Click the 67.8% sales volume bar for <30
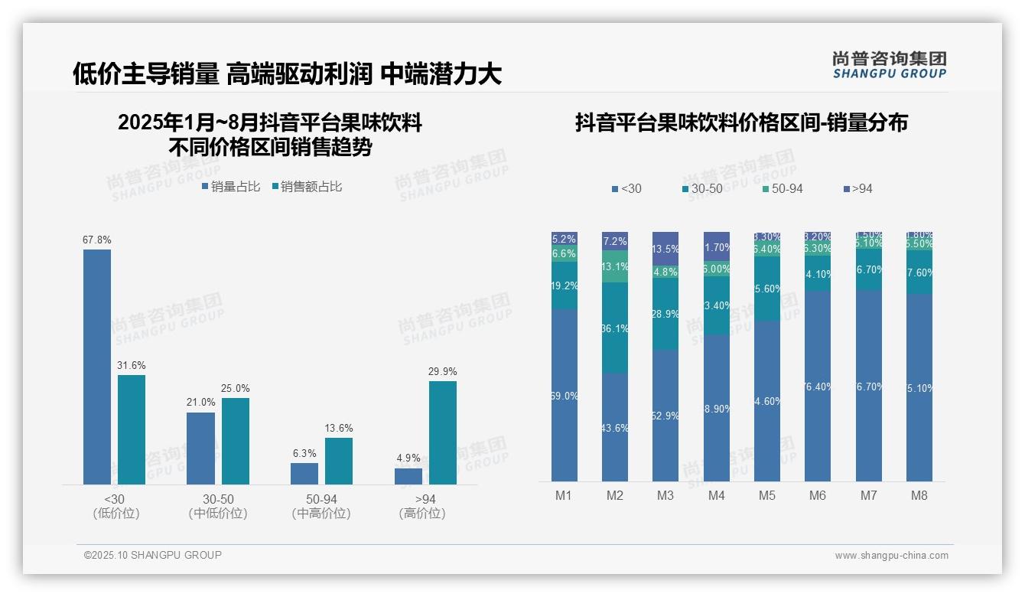(97, 367)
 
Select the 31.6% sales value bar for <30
(132, 429)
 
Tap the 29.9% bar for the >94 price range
(443, 432)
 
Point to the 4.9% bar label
(408, 458)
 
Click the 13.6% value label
(339, 429)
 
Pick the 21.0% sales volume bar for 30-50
(200, 449)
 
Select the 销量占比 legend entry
(231, 187)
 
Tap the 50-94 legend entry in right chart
(783, 189)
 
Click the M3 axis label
(665, 496)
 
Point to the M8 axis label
(919, 496)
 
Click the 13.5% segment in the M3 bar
(665, 248)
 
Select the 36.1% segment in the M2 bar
(615, 328)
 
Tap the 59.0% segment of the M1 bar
(564, 395)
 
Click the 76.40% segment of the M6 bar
(818, 386)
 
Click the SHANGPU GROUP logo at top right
(890, 65)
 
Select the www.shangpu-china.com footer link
(891, 556)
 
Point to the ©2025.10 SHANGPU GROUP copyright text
(153, 556)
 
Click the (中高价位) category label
(321, 514)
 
